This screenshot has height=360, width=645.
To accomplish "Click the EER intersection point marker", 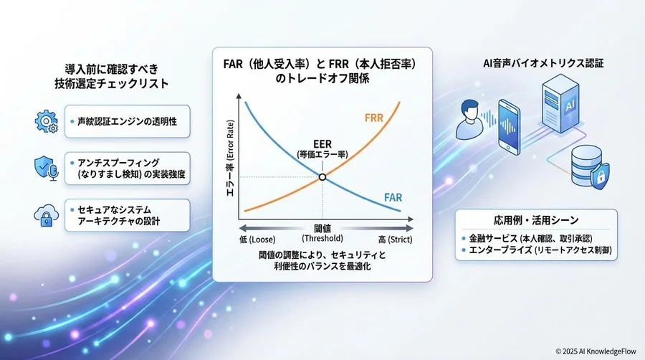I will (322, 177).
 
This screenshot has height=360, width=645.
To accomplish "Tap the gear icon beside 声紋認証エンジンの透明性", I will (46, 121).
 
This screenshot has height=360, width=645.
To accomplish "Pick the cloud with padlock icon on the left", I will (46, 214).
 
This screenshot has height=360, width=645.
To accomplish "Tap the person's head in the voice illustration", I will (470, 110).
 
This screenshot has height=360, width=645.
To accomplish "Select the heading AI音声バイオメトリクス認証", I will (543, 63).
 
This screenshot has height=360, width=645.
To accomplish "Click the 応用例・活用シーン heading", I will (536, 219).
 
